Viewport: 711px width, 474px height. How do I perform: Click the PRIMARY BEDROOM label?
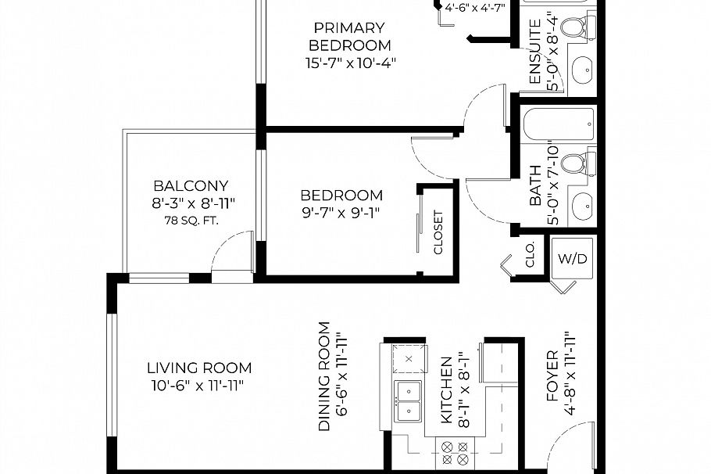349,38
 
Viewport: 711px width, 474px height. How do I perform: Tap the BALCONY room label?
191,186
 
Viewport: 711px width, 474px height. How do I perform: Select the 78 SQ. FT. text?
191,221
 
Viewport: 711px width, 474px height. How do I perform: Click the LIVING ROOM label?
199,368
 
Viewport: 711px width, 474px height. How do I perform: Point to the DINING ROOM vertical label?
324,376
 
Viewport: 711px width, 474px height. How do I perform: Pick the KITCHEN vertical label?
446,390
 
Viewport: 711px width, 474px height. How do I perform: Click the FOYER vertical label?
552,375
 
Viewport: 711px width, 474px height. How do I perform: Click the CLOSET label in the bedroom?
438,232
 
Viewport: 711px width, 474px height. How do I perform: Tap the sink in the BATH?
582,206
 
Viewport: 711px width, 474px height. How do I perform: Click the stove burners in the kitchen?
455,454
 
